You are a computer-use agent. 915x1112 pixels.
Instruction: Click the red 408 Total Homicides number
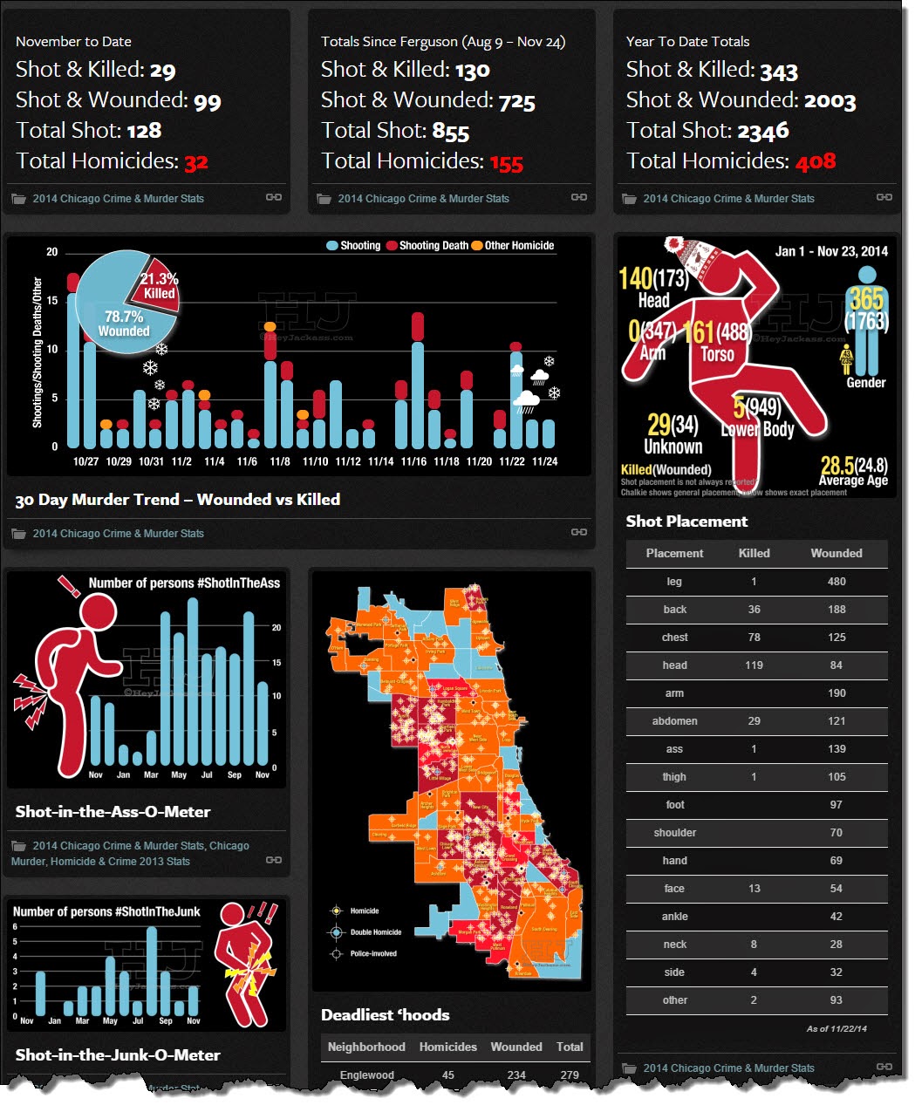pos(815,161)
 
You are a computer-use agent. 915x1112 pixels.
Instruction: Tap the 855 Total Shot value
pos(450,132)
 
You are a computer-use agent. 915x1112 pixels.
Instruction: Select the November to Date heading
pos(73,41)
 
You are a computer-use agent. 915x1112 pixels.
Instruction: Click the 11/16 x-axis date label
pos(413,461)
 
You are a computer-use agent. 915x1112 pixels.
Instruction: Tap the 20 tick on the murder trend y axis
pos(52,252)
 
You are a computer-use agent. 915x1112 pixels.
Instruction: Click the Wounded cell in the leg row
pos(836,582)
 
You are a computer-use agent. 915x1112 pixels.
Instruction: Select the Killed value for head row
pos(754,665)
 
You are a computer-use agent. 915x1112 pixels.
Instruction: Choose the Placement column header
pos(674,553)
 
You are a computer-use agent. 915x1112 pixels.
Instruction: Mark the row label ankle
pos(674,917)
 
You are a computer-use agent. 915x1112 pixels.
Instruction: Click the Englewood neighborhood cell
pos(366,1075)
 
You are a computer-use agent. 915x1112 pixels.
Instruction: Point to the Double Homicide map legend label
pos(376,932)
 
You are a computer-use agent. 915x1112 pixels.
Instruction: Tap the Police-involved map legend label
pos(373,953)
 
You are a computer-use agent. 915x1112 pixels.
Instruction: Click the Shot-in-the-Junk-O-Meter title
pos(117,1055)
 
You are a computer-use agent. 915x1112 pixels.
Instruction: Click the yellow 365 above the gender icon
pos(866,299)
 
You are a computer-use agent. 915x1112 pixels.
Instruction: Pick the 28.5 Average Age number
pos(836,466)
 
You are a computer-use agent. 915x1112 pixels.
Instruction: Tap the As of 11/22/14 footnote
pos(836,1029)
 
